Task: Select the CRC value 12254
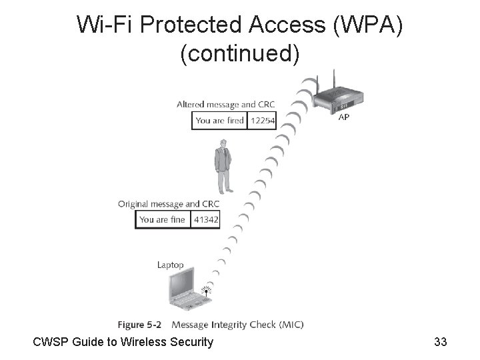[x=262, y=121]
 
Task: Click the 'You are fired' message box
[x=219, y=121]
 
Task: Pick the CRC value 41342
[x=205, y=220]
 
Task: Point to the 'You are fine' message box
[x=163, y=220]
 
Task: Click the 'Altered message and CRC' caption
[x=225, y=105]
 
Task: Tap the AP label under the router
[x=344, y=117]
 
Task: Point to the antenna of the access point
[x=318, y=82]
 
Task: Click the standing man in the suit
[x=222, y=165]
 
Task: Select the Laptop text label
[x=170, y=265]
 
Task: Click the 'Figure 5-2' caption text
[x=139, y=325]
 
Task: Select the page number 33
[x=440, y=342]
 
